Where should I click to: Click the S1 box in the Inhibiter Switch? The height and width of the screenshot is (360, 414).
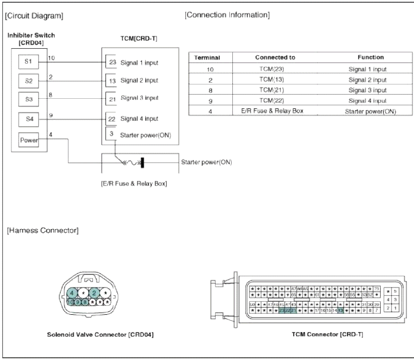point(28,62)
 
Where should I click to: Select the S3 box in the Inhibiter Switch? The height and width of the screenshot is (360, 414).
point(28,98)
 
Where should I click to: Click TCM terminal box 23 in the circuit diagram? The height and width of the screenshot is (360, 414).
point(112,62)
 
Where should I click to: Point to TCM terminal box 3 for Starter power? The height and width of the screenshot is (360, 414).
point(112,134)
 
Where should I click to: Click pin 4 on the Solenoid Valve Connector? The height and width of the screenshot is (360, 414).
point(72,293)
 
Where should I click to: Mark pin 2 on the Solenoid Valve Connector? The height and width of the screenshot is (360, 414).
point(94,293)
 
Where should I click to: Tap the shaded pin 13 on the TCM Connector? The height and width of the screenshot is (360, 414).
point(340,310)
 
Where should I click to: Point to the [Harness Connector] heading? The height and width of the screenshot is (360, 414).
point(42,230)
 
